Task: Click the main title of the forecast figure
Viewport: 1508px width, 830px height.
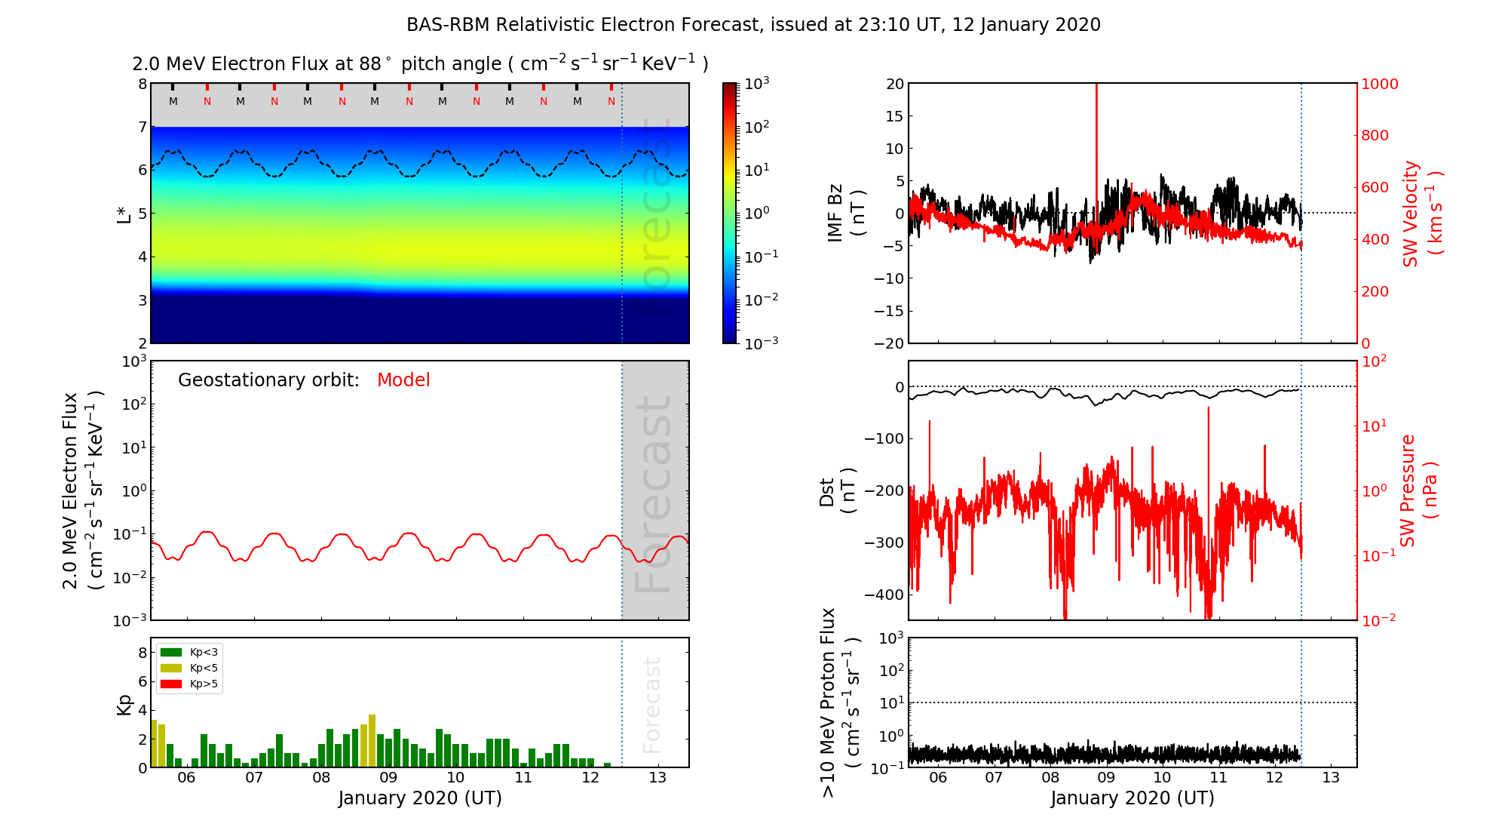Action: [753, 25]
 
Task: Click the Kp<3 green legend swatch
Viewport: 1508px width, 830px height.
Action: [171, 652]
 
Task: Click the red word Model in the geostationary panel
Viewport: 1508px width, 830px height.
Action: [403, 380]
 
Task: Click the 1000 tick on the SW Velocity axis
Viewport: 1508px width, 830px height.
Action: [1379, 84]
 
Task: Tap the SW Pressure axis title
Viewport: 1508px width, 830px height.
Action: [1418, 490]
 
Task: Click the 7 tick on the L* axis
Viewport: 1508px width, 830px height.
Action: [142, 127]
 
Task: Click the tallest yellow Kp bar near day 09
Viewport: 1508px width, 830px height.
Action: [372, 739]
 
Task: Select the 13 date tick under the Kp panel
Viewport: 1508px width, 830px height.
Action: [657, 778]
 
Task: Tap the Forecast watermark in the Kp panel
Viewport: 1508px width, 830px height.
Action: [651, 705]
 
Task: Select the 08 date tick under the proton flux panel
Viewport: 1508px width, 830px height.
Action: [1050, 778]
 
